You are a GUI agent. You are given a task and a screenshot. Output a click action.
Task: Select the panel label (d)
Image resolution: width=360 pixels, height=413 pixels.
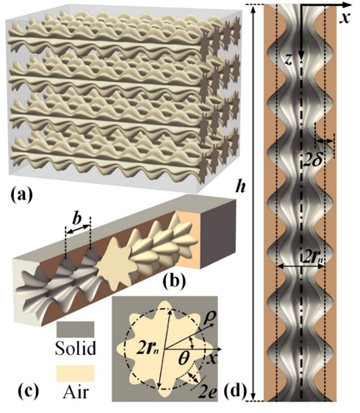coord(235,391)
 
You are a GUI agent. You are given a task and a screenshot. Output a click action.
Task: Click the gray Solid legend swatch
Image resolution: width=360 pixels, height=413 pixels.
coord(75,329)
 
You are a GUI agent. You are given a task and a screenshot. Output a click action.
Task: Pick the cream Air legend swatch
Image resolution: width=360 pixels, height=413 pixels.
coord(75,373)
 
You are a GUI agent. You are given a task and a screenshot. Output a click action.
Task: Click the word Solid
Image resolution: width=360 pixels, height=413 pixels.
coord(76,348)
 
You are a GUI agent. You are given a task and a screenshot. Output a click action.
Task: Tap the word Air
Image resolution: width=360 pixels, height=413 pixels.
coord(76,392)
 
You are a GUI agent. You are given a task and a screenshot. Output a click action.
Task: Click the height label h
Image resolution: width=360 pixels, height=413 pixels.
coord(241,187)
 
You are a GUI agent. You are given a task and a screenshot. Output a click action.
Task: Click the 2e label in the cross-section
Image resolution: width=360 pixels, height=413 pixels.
coord(208,393)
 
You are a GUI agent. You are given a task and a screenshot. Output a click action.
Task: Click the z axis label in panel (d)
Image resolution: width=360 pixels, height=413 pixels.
coord(290,61)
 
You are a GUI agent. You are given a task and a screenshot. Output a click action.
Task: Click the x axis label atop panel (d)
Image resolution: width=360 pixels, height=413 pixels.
coord(345,18)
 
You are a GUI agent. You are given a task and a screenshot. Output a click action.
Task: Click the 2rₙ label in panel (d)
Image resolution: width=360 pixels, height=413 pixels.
coord(313,258)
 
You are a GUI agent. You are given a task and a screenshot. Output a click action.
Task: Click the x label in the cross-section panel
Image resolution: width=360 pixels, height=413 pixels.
coord(212,358)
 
